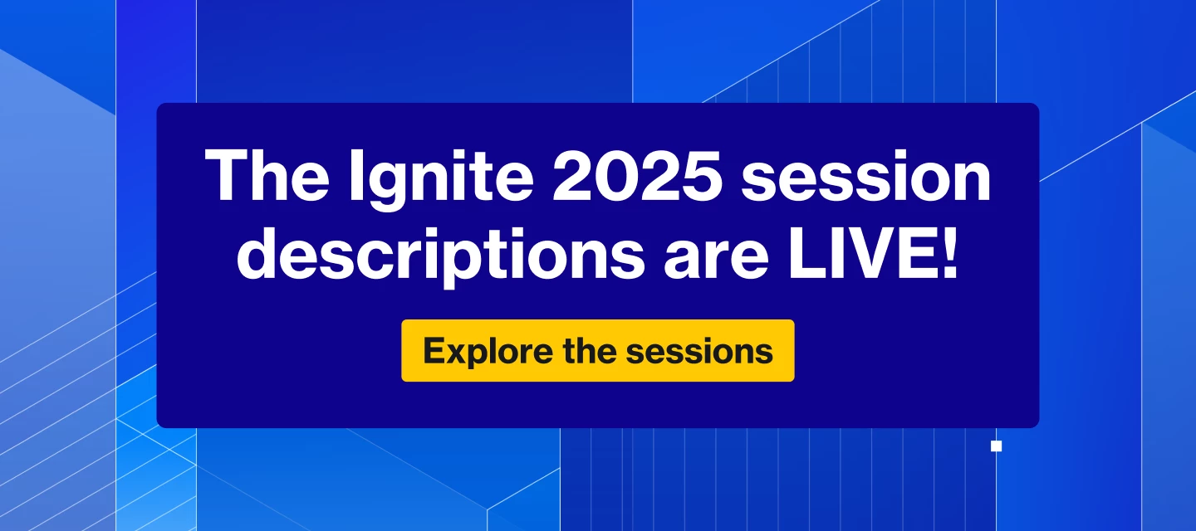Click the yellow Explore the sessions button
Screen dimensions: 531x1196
(x=597, y=351)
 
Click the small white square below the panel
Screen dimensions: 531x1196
(x=996, y=446)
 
